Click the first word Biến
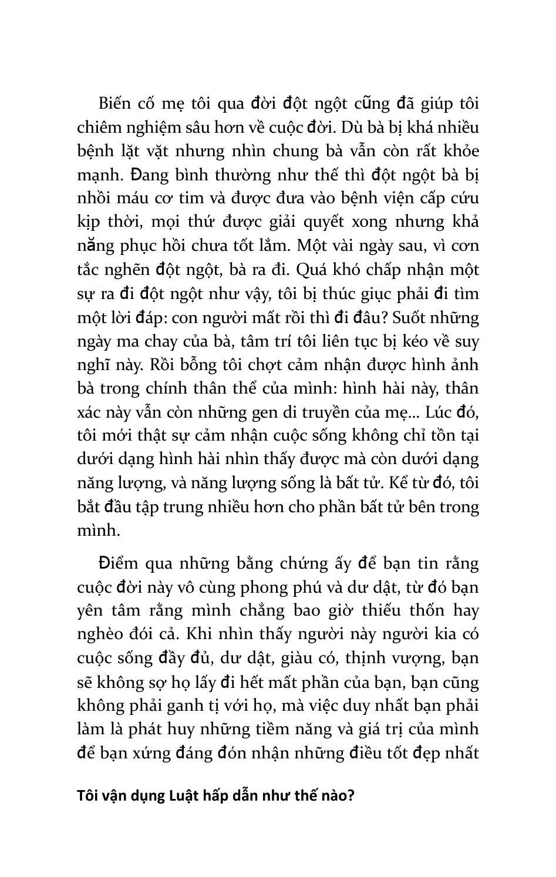(x=114, y=103)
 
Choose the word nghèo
(x=97, y=635)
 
